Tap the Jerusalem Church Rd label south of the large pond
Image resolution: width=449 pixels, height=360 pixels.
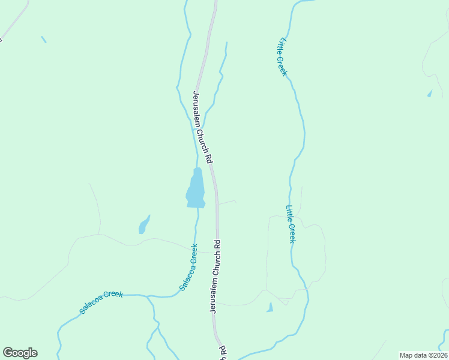point(216,276)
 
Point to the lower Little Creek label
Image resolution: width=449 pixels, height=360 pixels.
point(291,224)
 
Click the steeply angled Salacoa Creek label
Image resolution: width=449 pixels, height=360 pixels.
point(188,267)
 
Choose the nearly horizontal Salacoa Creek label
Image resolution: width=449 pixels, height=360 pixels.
point(101,302)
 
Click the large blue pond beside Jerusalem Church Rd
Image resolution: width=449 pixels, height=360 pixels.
point(196,188)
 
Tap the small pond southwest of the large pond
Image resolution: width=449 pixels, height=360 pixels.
point(143,225)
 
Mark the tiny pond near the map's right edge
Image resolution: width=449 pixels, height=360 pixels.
point(429,94)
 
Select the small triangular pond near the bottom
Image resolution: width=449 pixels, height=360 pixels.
point(270,308)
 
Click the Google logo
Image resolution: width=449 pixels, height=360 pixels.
point(20,353)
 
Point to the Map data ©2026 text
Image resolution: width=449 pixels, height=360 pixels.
point(423,355)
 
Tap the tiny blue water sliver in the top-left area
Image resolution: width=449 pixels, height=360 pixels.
point(43,40)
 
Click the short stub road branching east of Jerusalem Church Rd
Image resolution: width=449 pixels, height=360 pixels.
point(227,203)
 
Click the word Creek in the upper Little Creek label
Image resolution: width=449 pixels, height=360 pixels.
point(284,65)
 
